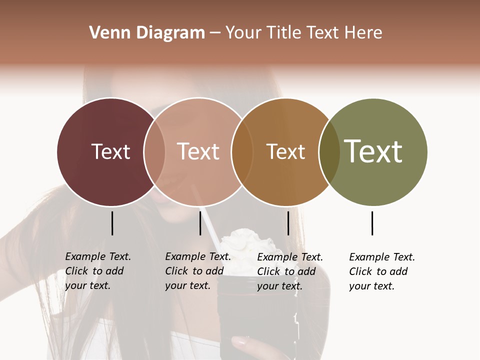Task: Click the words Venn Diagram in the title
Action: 147,33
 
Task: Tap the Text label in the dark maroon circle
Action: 110,151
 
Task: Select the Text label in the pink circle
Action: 198,151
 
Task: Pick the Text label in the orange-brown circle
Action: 285,151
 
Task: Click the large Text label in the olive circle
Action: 373,151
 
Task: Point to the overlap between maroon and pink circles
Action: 154,151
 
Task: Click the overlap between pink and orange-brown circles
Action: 241,151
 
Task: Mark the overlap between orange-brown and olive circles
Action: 329,151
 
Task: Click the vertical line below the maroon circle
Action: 112,223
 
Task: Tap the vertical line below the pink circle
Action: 200,223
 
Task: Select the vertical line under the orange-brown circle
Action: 288,223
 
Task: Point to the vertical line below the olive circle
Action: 372,223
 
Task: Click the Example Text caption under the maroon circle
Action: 98,271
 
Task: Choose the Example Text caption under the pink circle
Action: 198,271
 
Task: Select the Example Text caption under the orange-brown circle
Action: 290,271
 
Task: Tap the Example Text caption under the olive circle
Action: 382,271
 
